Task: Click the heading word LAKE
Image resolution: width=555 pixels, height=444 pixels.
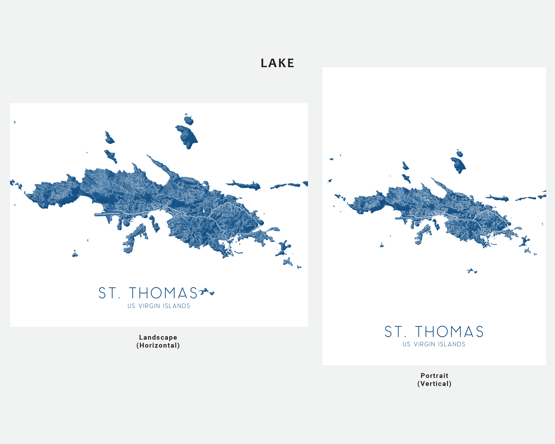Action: tap(277, 63)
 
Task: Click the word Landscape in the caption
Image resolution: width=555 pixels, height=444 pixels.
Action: tap(158, 337)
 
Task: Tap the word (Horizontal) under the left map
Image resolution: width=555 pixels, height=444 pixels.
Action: tap(158, 345)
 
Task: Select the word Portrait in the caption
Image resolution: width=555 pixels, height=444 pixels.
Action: tap(434, 376)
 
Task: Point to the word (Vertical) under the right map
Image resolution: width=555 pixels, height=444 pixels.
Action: tap(434, 384)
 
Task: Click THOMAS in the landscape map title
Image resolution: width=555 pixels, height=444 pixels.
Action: tap(163, 293)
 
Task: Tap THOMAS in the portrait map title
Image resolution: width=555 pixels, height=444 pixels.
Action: tap(449, 332)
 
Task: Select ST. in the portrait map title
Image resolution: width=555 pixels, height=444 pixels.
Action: tap(395, 332)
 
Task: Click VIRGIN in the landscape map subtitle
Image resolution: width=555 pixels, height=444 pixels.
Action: tap(149, 306)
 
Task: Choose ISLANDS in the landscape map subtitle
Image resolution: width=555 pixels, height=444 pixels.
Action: tap(176, 306)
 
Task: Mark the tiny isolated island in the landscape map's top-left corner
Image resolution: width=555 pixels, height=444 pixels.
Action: tap(15, 123)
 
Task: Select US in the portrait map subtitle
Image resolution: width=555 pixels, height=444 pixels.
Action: tap(406, 344)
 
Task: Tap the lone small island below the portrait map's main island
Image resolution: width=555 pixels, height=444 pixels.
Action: tap(471, 271)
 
